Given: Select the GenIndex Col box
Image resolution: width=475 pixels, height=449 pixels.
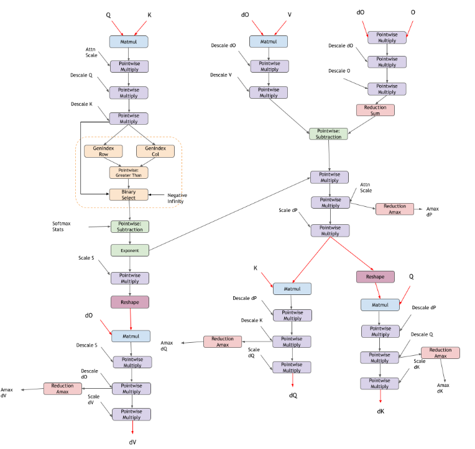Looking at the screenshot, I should click(x=155, y=151).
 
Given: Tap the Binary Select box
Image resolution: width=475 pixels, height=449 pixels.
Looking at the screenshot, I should click(x=129, y=194).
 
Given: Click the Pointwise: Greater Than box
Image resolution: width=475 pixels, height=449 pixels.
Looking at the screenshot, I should click(x=129, y=173).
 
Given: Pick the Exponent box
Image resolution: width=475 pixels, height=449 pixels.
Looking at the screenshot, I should click(x=129, y=250).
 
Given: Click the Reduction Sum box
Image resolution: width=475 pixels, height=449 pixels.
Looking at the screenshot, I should click(x=375, y=110).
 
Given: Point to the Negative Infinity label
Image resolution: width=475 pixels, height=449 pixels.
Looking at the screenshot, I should click(x=177, y=198).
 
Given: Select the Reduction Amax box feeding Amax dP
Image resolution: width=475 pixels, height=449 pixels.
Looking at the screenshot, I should click(x=394, y=209).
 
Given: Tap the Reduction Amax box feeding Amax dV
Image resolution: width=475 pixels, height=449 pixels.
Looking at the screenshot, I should click(x=62, y=389).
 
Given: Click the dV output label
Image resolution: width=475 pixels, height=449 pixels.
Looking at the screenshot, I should click(x=132, y=442).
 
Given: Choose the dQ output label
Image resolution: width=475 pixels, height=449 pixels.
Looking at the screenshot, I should click(x=293, y=395).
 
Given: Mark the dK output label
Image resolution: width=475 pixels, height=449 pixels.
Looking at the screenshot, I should click(x=380, y=411).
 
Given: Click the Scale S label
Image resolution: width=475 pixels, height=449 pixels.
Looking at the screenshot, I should click(x=86, y=258).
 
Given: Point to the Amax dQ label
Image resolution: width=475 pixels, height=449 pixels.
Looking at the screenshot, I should click(x=167, y=345).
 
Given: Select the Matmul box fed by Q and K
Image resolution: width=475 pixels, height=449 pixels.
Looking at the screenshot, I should click(x=129, y=42).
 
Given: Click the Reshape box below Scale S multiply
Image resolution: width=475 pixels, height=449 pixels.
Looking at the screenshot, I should click(x=129, y=302).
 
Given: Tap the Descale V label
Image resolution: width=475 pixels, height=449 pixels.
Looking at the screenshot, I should click(x=222, y=75).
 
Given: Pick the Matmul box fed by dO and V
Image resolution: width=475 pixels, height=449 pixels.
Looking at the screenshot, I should click(x=269, y=42).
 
